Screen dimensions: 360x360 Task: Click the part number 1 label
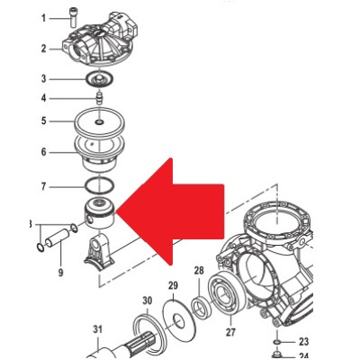click(44, 18)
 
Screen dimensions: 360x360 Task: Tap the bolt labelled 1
click(73, 18)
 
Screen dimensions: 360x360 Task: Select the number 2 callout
click(44, 49)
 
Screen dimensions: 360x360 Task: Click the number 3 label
click(44, 79)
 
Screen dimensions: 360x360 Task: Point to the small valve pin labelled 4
click(99, 98)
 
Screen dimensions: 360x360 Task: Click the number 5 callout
click(44, 121)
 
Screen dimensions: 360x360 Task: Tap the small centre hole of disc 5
click(99, 122)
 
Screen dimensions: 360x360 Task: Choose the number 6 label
click(44, 152)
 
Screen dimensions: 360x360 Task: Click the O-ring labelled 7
click(100, 186)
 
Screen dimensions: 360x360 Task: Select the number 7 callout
click(44, 186)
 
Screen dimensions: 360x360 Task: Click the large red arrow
click(170, 211)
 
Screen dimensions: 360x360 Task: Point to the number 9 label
click(60, 273)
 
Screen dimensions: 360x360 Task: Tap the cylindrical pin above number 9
click(57, 238)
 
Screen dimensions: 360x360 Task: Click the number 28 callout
click(199, 270)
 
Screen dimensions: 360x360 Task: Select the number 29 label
click(173, 285)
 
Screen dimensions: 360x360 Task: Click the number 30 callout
click(148, 301)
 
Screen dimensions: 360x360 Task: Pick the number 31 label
click(97, 329)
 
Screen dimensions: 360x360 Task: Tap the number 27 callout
click(230, 332)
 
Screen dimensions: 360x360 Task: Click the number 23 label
click(303, 341)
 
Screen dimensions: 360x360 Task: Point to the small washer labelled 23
click(277, 342)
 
